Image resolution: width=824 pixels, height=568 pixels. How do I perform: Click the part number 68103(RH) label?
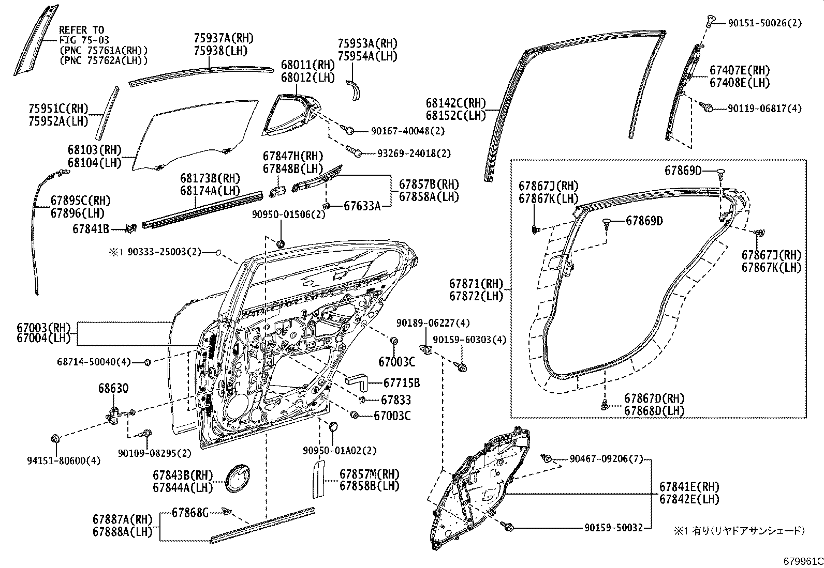coord(94,150)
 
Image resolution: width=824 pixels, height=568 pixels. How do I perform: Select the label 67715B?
coord(401,383)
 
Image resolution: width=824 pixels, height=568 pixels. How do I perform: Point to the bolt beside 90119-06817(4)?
coord(707,108)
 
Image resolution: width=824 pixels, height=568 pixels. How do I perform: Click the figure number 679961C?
coord(802,561)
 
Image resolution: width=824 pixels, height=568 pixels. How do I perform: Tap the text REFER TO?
coord(81,30)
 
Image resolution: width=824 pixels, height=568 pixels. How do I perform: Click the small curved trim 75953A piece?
coord(355,90)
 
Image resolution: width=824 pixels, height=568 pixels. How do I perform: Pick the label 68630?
coord(113,388)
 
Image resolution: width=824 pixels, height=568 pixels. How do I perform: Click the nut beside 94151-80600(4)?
coord(55,439)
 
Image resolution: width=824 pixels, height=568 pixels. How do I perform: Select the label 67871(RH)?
coord(476,284)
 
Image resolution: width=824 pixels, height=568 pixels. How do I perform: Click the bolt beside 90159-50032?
coord(509,527)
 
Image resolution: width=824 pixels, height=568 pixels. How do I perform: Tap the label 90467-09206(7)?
coord(605,458)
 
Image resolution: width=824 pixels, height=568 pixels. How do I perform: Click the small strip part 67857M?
coord(317,479)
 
